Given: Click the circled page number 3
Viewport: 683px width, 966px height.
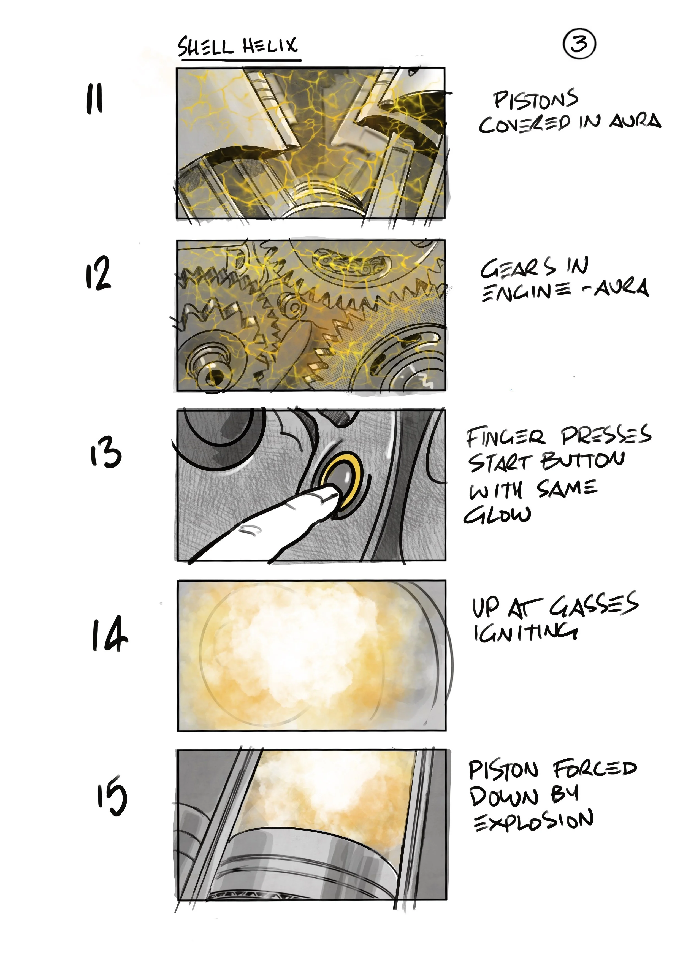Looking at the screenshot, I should point(579,44).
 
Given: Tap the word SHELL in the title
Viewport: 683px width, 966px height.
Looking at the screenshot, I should point(205,47).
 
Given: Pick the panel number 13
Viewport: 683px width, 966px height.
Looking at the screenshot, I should point(106,452).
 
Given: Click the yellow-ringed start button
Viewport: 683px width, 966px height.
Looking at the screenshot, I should point(341,475).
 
